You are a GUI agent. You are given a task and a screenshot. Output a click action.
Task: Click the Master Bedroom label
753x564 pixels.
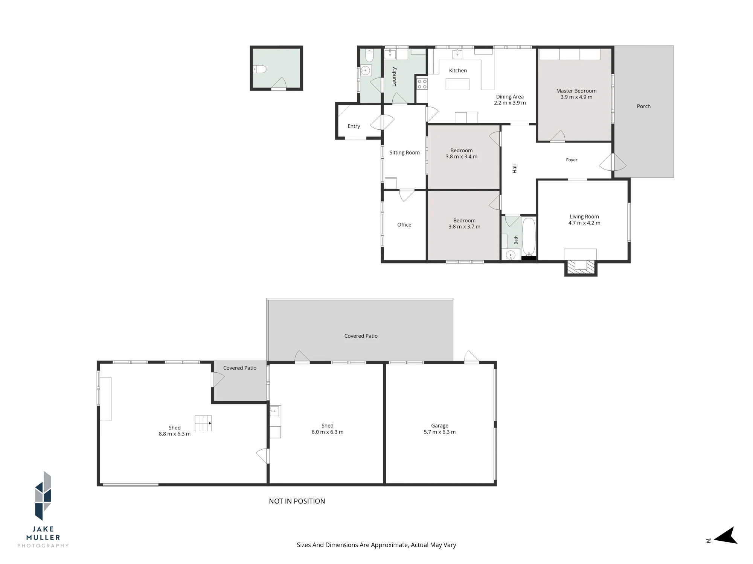576,91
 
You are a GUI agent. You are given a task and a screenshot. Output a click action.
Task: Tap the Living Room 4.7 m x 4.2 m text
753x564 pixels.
584,220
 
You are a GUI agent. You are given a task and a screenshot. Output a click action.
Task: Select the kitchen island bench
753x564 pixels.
457,84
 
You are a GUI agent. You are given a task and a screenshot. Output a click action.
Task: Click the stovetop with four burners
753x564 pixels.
422,84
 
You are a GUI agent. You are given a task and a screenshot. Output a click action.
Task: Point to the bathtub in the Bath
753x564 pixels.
529,237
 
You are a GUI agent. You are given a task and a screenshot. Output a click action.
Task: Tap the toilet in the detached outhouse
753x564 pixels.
259,69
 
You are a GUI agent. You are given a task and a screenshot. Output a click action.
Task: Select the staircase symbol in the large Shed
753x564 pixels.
203,423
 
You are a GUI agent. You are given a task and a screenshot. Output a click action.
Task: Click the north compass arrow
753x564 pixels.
725,536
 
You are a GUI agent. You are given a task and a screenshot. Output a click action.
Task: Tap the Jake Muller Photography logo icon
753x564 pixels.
43,496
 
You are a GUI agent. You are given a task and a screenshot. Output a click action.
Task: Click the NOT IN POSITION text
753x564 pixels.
297,501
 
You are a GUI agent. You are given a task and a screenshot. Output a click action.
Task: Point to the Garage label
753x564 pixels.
440,426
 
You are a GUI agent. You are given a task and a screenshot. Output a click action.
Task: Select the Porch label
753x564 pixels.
644,106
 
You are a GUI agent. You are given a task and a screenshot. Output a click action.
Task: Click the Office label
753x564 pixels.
404,225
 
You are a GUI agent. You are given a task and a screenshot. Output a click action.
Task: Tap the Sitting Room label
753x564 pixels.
404,153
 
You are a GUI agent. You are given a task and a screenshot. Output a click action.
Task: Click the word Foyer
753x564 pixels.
572,160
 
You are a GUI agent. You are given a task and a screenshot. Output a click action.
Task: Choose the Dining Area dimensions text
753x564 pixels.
510,103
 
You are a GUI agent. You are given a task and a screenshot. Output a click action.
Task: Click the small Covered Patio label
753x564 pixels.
240,368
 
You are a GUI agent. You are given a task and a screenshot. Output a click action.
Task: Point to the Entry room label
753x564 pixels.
354,126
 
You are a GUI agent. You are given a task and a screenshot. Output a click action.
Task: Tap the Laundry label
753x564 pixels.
394,77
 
